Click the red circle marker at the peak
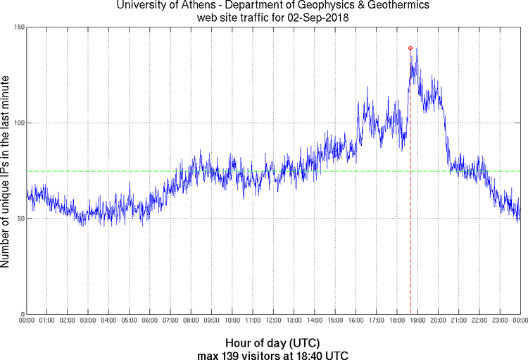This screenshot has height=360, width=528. [x=410, y=48]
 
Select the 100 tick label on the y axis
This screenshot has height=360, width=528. [x=19, y=123]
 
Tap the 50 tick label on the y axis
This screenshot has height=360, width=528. [x=21, y=219]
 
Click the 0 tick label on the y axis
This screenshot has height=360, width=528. [x=23, y=314]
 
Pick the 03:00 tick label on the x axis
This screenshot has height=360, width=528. [x=88, y=321]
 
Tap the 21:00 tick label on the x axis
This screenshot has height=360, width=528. [x=458, y=321]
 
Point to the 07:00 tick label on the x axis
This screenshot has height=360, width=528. [x=170, y=321]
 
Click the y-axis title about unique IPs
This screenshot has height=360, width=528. [x=6, y=170]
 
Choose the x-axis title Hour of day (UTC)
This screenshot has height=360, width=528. [x=273, y=342]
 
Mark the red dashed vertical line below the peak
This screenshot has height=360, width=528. [x=410, y=211]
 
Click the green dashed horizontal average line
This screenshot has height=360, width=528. [x=211, y=170]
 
